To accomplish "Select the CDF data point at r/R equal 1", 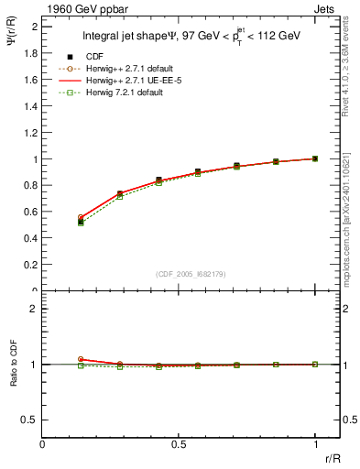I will pos(315,158).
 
